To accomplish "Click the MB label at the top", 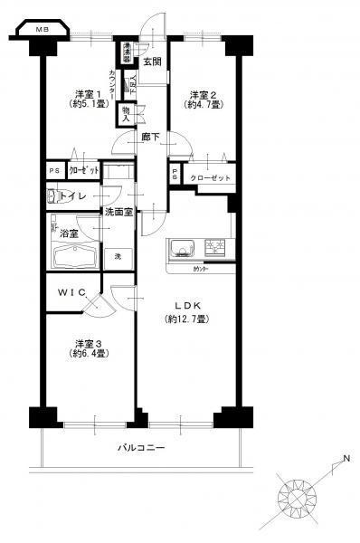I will point(43,30).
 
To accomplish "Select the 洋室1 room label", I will point(86,94).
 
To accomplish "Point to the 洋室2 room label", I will point(201,94).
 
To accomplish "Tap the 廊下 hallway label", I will point(150,137).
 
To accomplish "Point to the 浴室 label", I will point(71,233).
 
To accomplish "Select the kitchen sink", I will point(179,245).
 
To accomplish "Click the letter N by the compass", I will point(346,465).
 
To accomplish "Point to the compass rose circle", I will point(297,497).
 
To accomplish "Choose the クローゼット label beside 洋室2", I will point(211,178).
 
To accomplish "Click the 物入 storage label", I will point(125,113).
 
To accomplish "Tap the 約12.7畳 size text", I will point(187,319).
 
